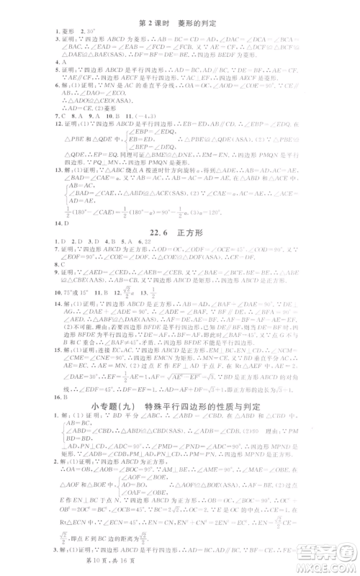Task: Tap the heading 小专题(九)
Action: pos(181,407)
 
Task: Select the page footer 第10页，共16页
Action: pos(179,569)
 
